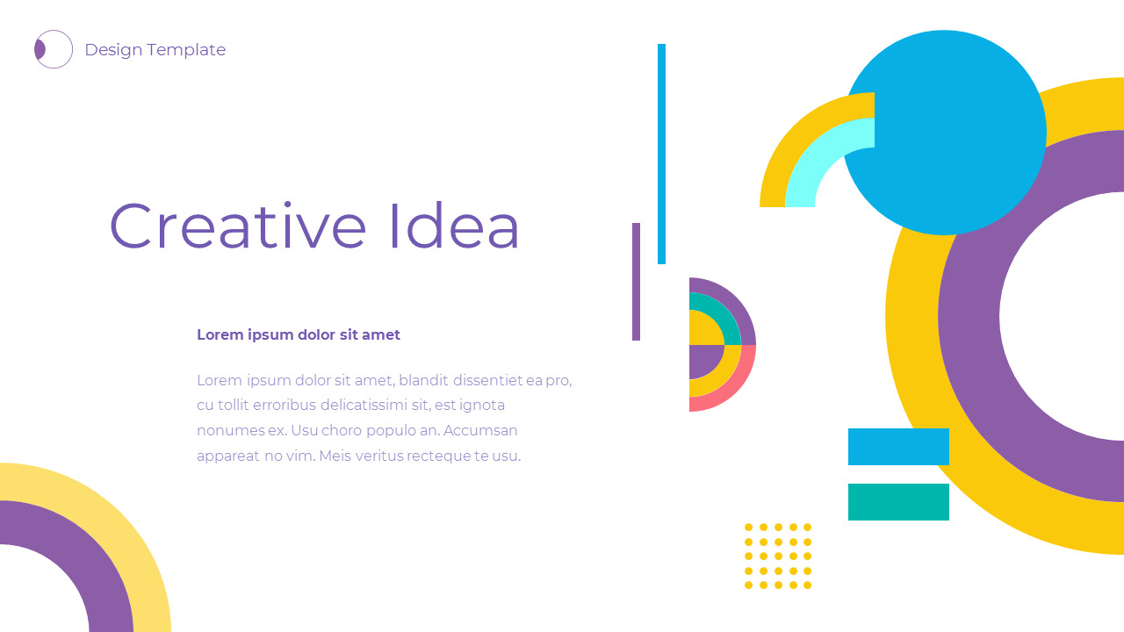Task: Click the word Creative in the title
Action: (x=237, y=226)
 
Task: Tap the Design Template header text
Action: (x=155, y=50)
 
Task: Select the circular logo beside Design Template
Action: (x=54, y=49)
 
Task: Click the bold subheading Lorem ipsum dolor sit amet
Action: (x=298, y=334)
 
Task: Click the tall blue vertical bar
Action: (x=661, y=154)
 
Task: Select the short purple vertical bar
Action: (x=636, y=281)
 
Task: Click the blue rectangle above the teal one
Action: (x=898, y=446)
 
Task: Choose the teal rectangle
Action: (x=898, y=502)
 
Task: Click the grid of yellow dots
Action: (x=778, y=556)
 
